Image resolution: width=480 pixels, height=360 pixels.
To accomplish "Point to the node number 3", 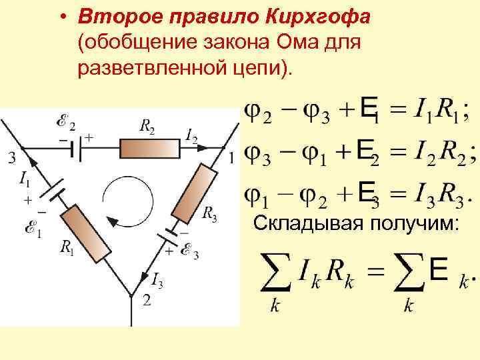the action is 10,159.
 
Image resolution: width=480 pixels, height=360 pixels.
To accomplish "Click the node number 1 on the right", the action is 231,159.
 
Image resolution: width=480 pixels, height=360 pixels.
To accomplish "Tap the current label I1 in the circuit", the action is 25,179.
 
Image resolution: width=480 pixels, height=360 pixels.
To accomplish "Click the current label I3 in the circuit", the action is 157,279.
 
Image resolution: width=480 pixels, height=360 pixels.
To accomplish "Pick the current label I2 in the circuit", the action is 191,138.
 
